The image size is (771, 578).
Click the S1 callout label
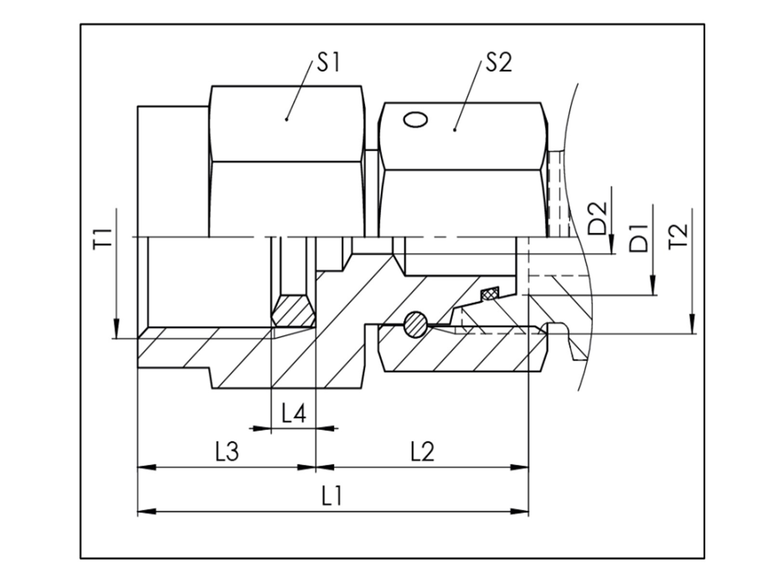pos(328,63)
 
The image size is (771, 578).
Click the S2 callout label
pos(499,63)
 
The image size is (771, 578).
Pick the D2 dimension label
pos(598,218)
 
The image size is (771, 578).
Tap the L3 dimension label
pos(226,452)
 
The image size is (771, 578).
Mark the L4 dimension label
pos(293,413)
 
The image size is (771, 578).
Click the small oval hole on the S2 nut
pos(415,119)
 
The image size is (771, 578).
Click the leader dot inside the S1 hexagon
pos(286,119)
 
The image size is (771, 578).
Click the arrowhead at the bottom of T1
pos(116,330)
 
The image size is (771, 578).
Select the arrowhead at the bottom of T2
pos(692,325)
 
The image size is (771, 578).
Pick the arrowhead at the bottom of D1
pos(652,286)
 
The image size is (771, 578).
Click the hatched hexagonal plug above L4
pos(293,311)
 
